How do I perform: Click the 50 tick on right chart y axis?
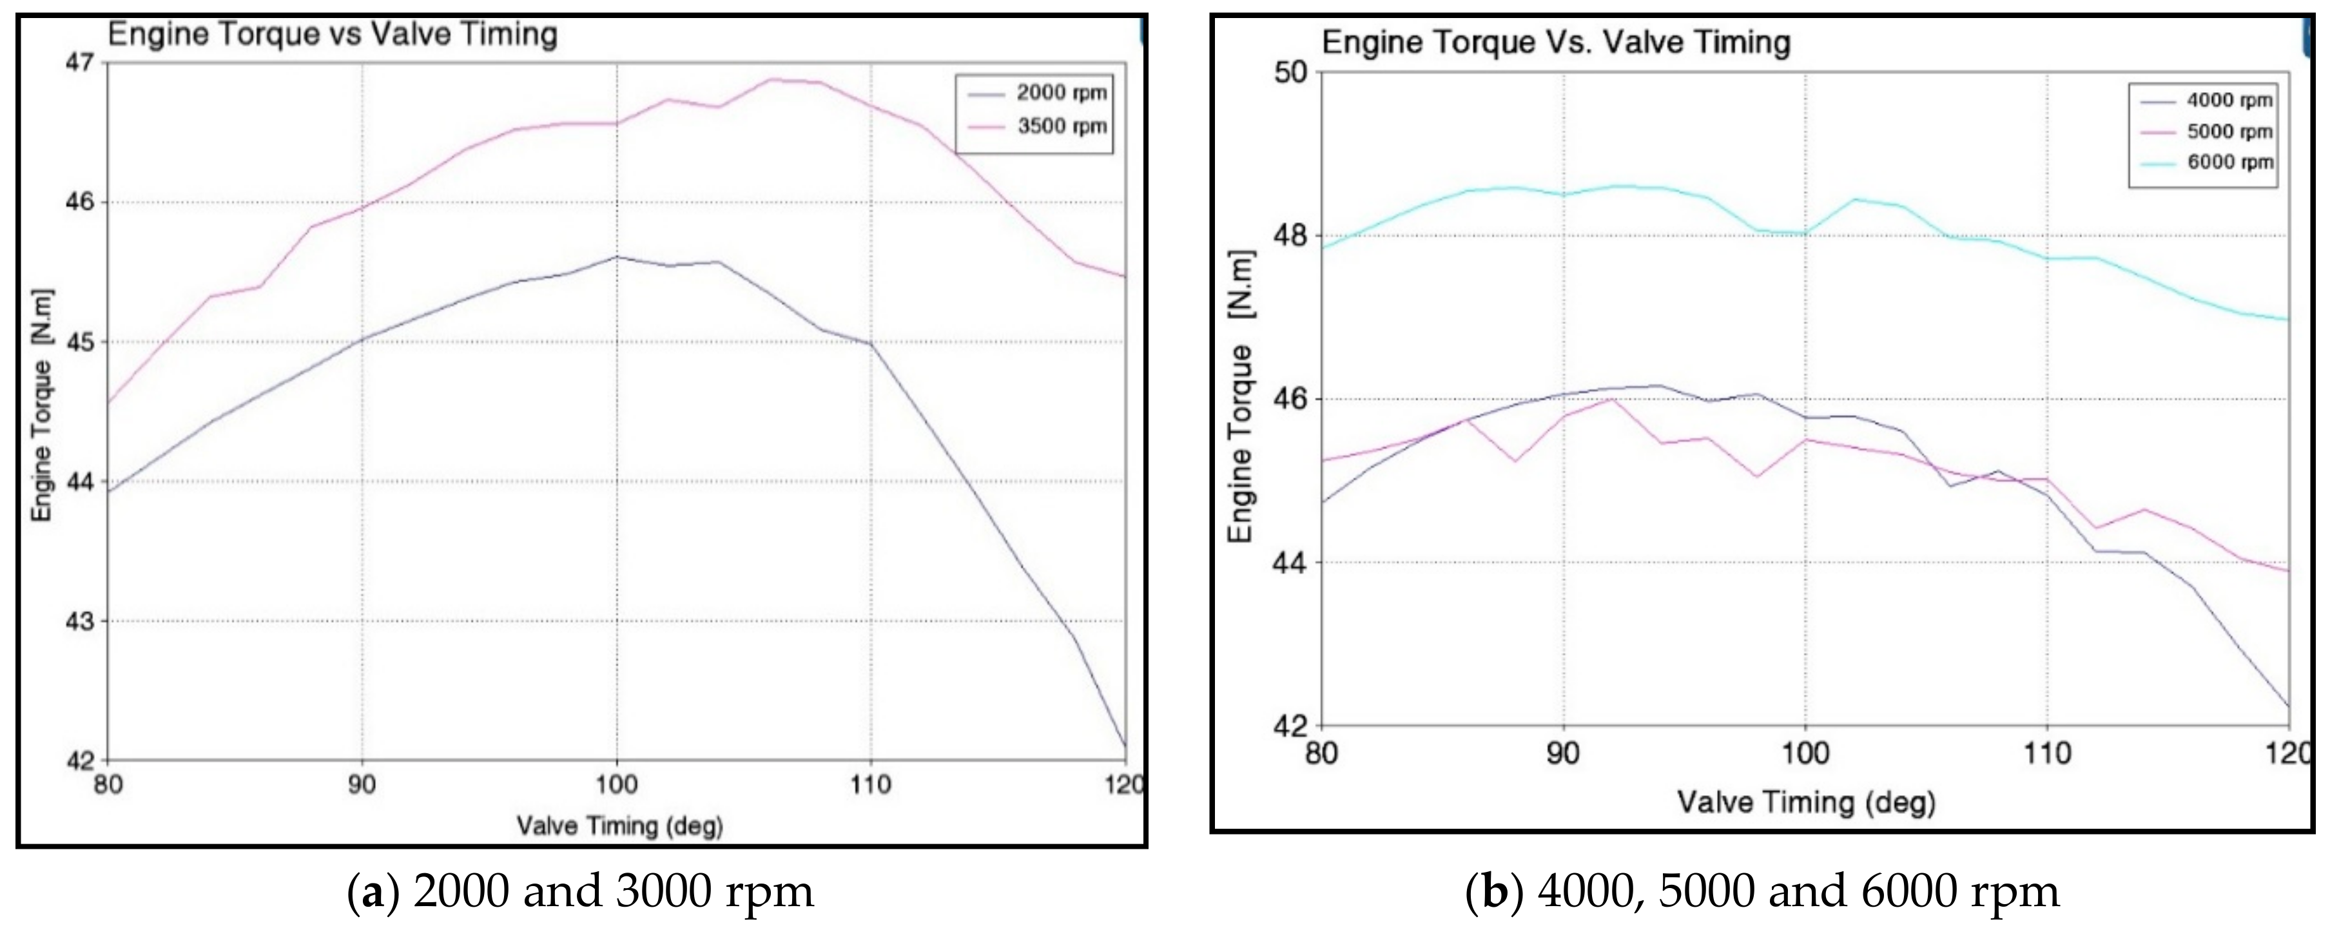pos(1292,72)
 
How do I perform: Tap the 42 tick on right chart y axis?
pos(1292,726)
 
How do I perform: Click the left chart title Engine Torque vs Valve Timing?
pos(332,34)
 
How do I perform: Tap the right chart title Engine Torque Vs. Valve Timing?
pos(1556,43)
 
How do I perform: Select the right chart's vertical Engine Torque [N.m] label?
pos(1240,398)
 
